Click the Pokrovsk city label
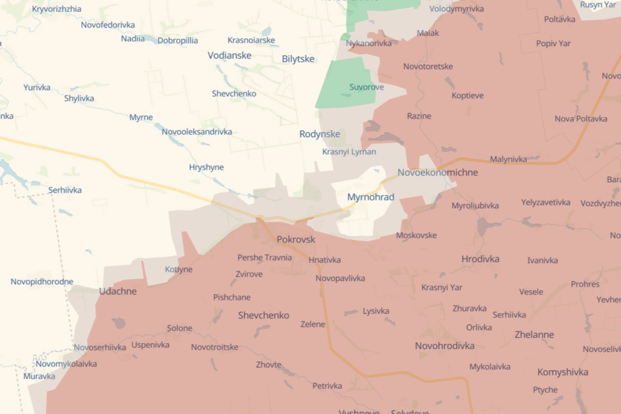(x=296, y=239)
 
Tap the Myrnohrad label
(x=371, y=197)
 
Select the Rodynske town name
(x=320, y=134)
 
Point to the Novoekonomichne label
(x=437, y=172)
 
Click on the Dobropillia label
(x=178, y=41)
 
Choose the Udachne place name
(x=118, y=291)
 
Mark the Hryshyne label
(x=206, y=168)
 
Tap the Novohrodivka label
(x=445, y=346)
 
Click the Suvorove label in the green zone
(x=366, y=87)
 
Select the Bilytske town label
(x=298, y=59)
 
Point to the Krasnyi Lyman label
(x=349, y=152)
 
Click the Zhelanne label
(x=534, y=334)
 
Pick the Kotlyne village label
(x=178, y=270)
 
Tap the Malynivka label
(x=508, y=160)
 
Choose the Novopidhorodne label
(x=42, y=282)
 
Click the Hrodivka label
(x=480, y=259)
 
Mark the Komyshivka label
(x=562, y=372)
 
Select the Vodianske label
(x=229, y=55)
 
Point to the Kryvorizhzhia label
(x=56, y=9)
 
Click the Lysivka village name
(x=375, y=311)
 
